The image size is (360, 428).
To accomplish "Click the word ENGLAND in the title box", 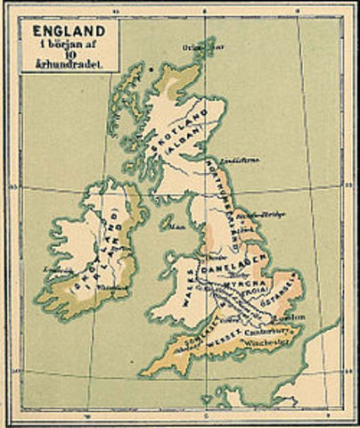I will (x=67, y=29).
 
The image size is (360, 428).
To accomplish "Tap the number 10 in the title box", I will (x=68, y=52).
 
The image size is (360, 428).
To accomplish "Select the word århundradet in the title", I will (x=68, y=63).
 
